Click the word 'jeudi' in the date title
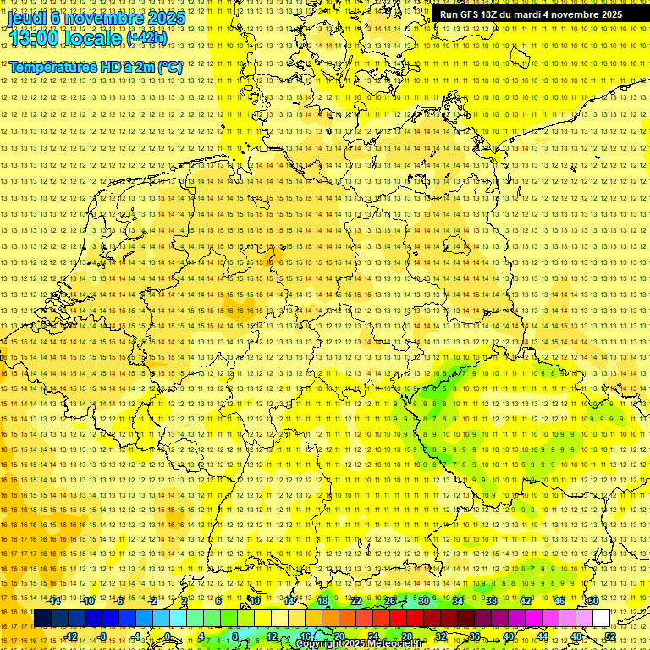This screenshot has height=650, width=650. point(28,17)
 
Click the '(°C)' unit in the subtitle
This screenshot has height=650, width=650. point(168,67)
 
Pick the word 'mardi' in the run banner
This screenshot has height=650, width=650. point(534,14)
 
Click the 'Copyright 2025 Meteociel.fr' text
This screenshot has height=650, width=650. point(359,644)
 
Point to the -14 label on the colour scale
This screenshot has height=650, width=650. point(55,601)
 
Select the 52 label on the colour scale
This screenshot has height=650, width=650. point(610,636)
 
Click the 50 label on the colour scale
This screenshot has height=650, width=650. point(593,601)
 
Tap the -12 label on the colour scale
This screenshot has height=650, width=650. point(71,636)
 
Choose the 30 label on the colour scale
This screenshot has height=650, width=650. point(424,601)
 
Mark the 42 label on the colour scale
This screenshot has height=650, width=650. point(526,601)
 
